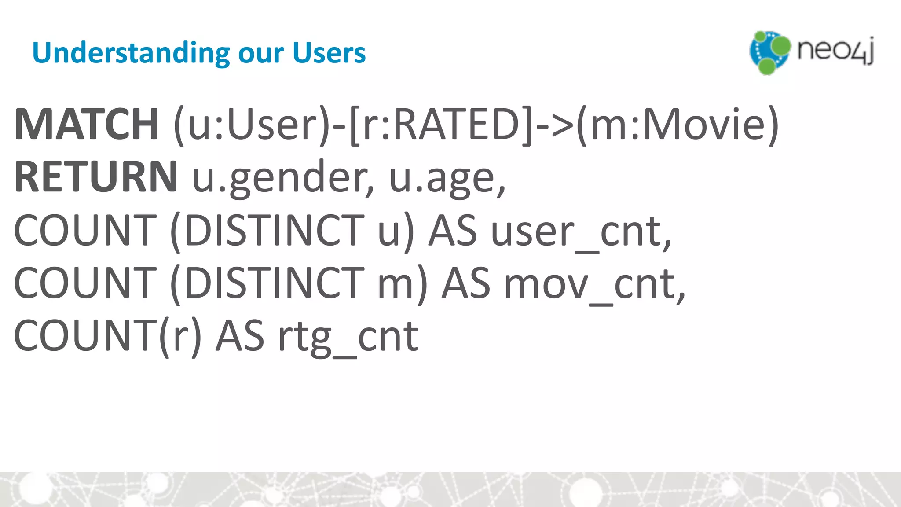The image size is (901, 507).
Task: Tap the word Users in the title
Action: pos(329,53)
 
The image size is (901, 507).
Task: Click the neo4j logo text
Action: pos(835,51)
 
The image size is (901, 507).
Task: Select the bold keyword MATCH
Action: pos(86,124)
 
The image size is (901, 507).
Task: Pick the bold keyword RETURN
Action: pos(96,176)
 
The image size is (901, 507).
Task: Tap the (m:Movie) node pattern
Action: pos(678,125)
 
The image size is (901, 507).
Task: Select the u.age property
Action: pos(447,178)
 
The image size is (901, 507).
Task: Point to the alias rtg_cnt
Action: pos(348,337)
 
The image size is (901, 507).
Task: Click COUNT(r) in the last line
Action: pos(108,336)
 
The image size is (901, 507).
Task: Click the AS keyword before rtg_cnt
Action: pos(240,336)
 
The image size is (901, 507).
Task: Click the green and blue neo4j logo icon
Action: pos(769,52)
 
